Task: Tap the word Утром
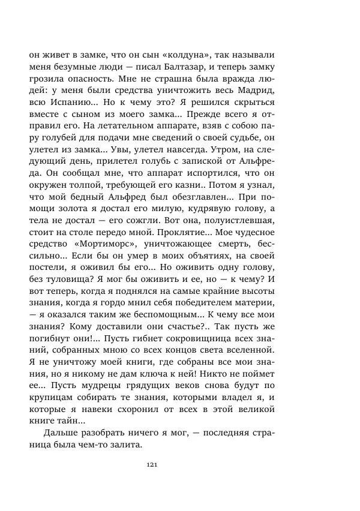236,161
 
